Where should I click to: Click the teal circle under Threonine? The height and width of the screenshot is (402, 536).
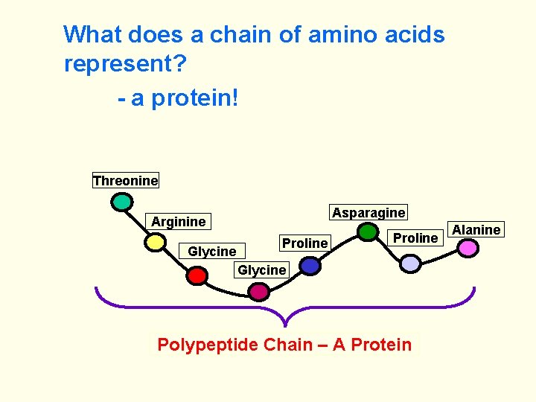tap(122, 202)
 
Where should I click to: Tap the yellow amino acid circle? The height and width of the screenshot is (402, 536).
tap(155, 242)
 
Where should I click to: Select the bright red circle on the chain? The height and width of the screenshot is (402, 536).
tap(197, 275)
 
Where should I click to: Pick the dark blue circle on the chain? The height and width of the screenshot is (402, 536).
tap(310, 266)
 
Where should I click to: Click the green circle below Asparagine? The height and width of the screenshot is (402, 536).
tap(368, 232)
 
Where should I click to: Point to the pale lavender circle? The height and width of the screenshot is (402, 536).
tap(410, 263)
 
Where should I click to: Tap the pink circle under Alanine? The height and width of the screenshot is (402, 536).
tap(468, 248)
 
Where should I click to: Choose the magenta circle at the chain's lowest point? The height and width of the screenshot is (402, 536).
tap(258, 292)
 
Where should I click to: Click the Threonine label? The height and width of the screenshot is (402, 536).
tap(125, 180)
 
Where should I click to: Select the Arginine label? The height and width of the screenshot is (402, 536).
tap(178, 221)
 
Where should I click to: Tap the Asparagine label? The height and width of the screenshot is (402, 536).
tap(368, 212)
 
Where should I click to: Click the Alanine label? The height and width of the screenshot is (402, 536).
tap(476, 229)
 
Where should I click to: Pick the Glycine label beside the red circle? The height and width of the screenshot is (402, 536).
tap(211, 251)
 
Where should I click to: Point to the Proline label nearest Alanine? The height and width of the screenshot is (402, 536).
tap(415, 237)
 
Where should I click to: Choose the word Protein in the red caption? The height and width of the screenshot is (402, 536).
tap(380, 345)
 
